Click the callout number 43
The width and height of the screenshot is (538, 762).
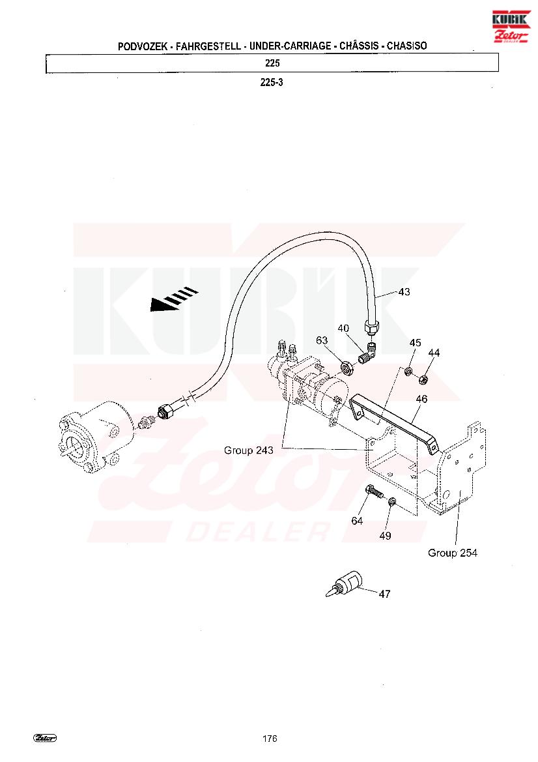pyautogui.click(x=404, y=291)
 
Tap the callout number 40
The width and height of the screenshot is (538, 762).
pyautogui.click(x=343, y=328)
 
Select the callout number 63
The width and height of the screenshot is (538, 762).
pyautogui.click(x=322, y=340)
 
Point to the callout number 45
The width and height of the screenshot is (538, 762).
pyautogui.click(x=415, y=343)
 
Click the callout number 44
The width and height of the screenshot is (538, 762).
pyautogui.click(x=434, y=353)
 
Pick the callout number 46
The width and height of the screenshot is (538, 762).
pyautogui.click(x=421, y=398)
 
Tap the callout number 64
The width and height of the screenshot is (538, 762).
pyautogui.click(x=357, y=520)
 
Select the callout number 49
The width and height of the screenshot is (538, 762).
pyautogui.click(x=385, y=536)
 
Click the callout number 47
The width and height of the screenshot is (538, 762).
pyautogui.click(x=384, y=594)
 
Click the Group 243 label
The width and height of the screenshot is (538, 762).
pyautogui.click(x=249, y=450)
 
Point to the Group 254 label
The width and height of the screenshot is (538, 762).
pyautogui.click(x=453, y=553)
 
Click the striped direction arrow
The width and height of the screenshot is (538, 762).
pyautogui.click(x=175, y=299)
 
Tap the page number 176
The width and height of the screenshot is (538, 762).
pyautogui.click(x=270, y=738)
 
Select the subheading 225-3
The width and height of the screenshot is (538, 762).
pyautogui.click(x=272, y=82)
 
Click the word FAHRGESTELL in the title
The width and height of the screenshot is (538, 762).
pyautogui.click(x=208, y=46)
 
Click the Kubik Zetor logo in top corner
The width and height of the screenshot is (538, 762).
pyautogui.click(x=511, y=27)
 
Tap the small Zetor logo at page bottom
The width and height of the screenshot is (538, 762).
pyautogui.click(x=45, y=738)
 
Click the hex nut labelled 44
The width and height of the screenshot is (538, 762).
pyautogui.click(x=423, y=378)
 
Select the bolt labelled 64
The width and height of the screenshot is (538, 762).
pyautogui.click(x=375, y=491)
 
